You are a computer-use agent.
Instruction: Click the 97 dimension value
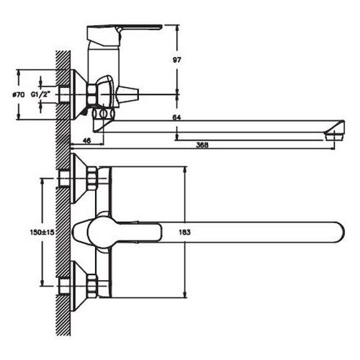coord(177,60)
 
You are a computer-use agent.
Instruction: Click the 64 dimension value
coord(176,117)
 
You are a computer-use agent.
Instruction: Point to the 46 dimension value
coord(86,140)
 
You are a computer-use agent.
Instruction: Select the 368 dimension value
coord(202,145)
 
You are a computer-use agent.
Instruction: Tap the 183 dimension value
coord(185,232)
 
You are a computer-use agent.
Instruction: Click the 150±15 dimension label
coord(42,232)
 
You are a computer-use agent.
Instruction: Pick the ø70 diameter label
coord(19,95)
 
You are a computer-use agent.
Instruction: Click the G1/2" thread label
coord(40,94)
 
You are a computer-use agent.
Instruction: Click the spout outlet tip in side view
coord(335,135)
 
